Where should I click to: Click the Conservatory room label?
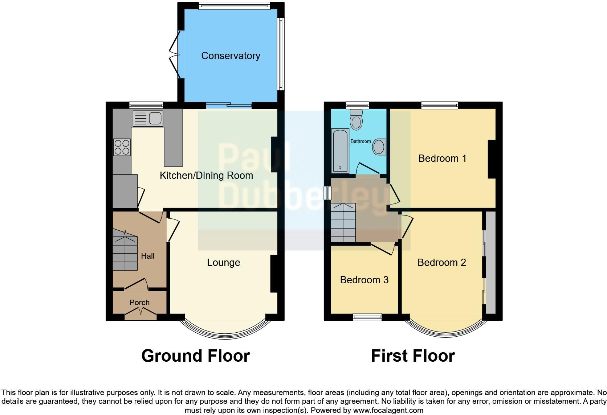[x=231, y=56]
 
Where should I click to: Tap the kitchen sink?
[x=148, y=118]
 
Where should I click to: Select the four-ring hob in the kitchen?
[x=122, y=147]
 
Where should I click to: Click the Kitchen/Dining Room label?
[x=206, y=176]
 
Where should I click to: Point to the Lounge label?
[x=223, y=262]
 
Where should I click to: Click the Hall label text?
[x=148, y=256]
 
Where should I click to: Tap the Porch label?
[x=139, y=303]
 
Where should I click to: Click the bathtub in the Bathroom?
[x=340, y=151]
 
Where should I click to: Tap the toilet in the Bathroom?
[x=356, y=120]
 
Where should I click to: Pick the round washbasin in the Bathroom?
[x=379, y=147]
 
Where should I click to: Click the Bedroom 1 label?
[x=442, y=159]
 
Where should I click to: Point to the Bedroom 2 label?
[x=441, y=262]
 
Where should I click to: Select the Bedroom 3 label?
[x=364, y=280]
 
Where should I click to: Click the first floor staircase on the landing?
[x=343, y=222]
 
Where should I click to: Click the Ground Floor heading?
[x=195, y=356]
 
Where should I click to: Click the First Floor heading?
[x=413, y=356]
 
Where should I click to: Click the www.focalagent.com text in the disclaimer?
[x=388, y=411]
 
